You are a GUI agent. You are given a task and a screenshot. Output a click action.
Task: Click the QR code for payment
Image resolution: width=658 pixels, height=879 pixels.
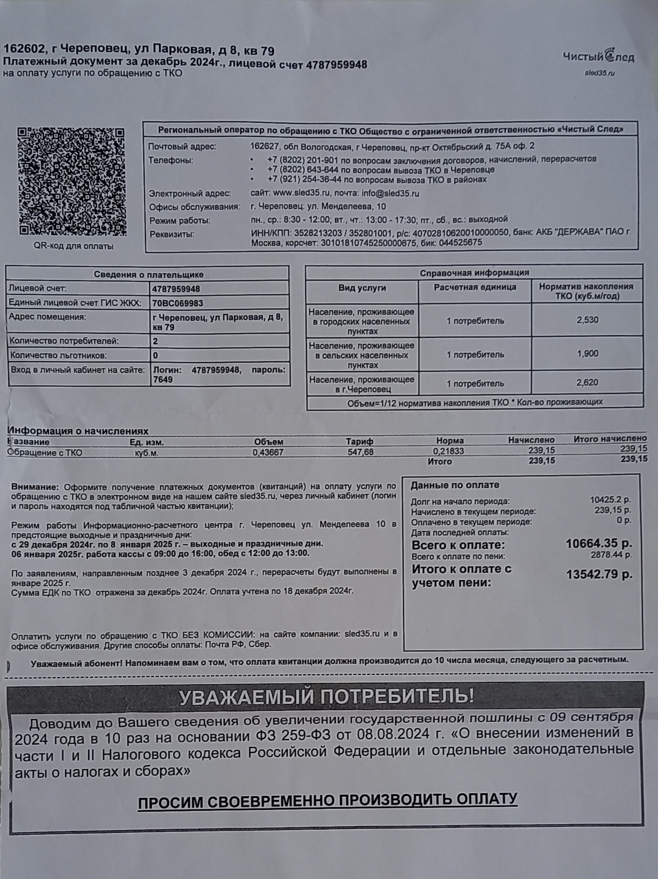[72, 181]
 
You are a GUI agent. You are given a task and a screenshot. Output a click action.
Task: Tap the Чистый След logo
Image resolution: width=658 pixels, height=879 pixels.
[598, 56]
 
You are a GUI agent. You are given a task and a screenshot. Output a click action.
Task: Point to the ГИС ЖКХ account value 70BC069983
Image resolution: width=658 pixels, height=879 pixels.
[178, 303]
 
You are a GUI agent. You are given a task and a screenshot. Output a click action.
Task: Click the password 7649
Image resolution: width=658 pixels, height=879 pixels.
[163, 380]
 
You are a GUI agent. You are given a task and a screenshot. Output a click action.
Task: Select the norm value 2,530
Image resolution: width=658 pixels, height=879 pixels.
[587, 320]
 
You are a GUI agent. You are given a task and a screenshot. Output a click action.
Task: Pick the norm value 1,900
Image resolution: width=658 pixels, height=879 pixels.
[587, 354]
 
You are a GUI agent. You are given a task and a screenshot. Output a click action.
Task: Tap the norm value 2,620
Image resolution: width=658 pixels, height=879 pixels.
[587, 383]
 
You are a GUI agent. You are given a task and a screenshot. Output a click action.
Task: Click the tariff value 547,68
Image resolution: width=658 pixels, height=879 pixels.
[360, 452]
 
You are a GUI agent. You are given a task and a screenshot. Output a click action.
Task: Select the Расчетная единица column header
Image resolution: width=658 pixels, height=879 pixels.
[475, 288]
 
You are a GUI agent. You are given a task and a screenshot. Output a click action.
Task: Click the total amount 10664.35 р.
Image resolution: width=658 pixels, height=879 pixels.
[599, 544]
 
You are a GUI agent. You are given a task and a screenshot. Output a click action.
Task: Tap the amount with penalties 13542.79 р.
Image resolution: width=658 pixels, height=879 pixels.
[599, 575]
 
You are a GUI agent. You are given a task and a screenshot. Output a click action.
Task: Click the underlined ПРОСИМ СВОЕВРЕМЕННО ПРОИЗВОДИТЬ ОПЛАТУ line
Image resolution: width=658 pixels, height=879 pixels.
[328, 800]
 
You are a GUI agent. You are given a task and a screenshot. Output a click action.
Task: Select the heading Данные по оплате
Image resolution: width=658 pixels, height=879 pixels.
[455, 485]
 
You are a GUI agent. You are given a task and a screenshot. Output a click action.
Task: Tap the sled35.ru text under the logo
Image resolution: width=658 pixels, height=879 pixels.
[600, 73]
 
